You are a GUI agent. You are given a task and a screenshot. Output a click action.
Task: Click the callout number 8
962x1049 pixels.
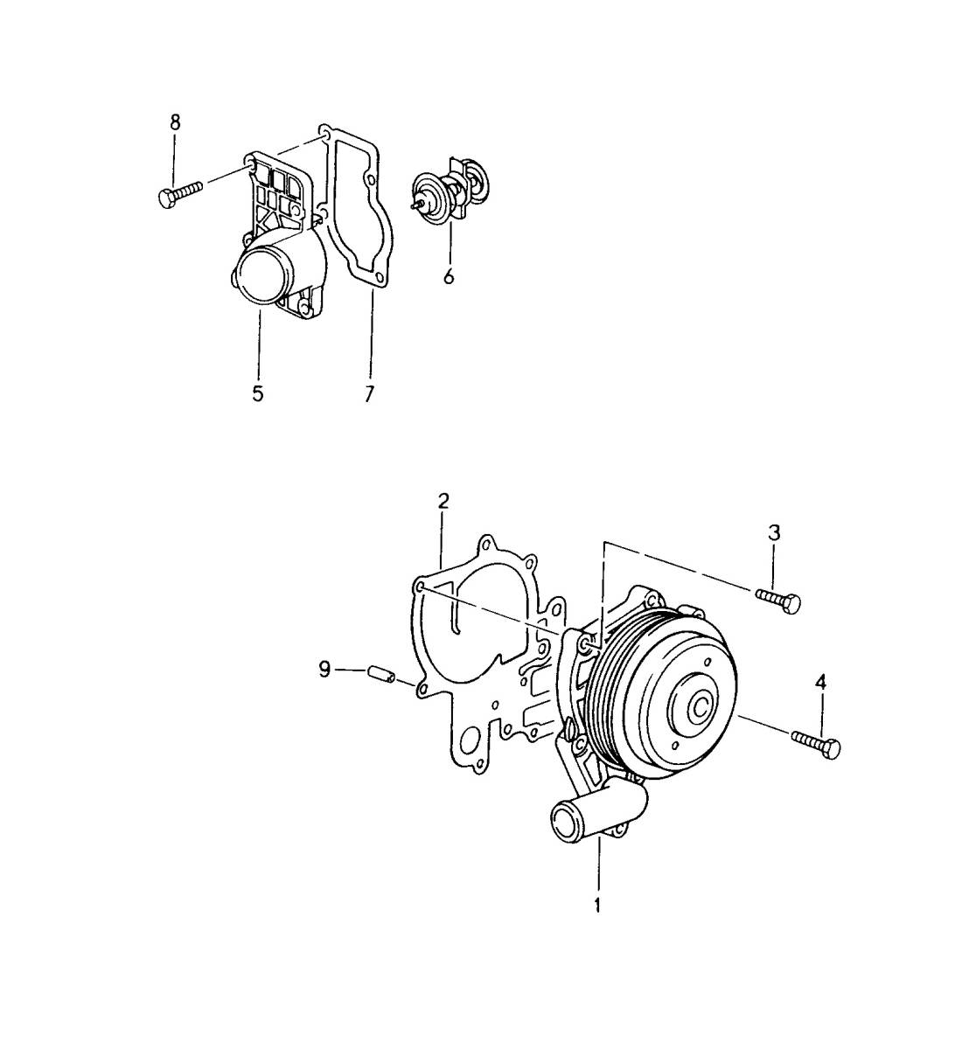175,122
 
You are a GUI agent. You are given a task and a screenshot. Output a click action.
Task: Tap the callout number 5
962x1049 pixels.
257,393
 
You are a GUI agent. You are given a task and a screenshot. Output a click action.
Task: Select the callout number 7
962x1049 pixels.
370,393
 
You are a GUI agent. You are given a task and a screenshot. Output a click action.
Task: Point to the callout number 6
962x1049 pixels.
449,275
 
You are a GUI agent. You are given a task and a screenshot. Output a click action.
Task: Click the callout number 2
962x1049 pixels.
443,502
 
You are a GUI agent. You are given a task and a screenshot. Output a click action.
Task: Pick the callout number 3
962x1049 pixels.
774,533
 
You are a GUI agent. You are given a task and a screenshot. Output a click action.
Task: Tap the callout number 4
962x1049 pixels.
820,682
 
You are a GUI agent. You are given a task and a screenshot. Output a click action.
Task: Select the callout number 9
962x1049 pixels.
324,669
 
